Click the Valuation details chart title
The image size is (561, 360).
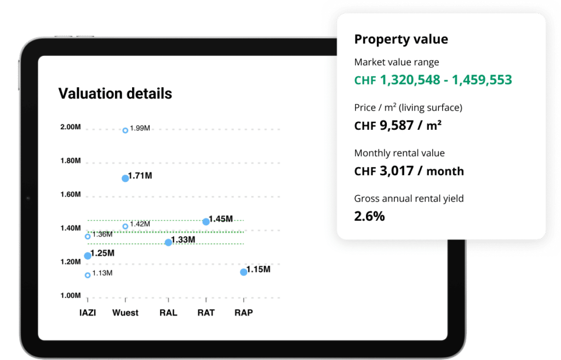click(x=115, y=94)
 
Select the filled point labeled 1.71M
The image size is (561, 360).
click(x=125, y=178)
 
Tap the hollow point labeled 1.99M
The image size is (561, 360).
click(x=125, y=130)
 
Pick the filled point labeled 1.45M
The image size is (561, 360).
click(x=206, y=221)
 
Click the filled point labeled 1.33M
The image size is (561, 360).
click(x=168, y=242)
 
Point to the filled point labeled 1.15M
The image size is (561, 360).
click(x=244, y=272)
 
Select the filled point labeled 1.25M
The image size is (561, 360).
click(x=88, y=255)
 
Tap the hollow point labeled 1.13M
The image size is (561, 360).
click(x=88, y=275)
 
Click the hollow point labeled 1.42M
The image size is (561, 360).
click(x=125, y=226)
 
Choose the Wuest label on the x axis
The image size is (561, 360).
click(x=125, y=313)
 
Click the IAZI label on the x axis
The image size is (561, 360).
click(x=88, y=313)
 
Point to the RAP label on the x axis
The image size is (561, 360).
click(x=244, y=313)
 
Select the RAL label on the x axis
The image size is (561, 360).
click(x=168, y=313)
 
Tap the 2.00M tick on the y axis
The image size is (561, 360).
click(x=70, y=127)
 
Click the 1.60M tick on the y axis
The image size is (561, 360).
click(x=70, y=195)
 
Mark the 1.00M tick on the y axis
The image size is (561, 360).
click(x=70, y=296)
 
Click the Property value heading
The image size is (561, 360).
click(x=401, y=39)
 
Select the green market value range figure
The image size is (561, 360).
click(x=433, y=80)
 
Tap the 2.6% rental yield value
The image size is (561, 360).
click(x=369, y=216)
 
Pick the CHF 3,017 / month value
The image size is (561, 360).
click(x=409, y=172)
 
